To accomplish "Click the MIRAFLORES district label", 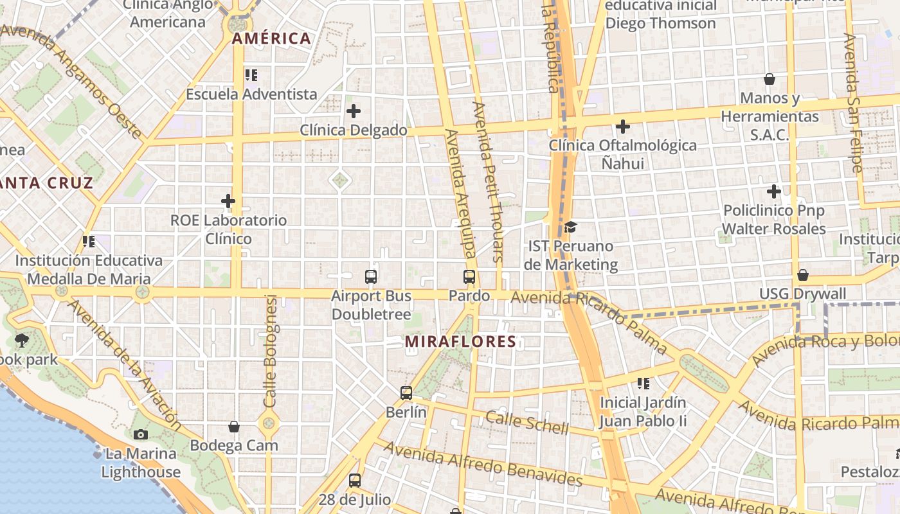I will (460, 341).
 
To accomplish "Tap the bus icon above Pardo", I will (469, 277).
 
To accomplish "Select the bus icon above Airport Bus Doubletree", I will (371, 277).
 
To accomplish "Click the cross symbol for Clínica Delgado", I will (354, 111).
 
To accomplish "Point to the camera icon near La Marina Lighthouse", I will (141, 435).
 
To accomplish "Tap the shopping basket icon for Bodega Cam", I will (234, 427).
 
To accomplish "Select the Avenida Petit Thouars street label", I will (489, 182).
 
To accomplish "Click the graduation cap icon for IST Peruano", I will (570, 227).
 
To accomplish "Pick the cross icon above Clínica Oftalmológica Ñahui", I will (622, 127).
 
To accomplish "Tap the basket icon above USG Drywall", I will (802, 275).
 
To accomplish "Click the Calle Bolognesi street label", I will (270, 351).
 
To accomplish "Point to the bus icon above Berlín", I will (406, 393).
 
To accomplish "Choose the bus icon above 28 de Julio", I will (354, 480).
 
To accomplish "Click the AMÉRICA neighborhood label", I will (271, 39).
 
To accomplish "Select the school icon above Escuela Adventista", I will (251, 75).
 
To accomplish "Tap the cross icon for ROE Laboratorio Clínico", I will (228, 201).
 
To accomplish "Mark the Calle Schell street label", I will (527, 422).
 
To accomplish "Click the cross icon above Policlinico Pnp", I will (774, 191).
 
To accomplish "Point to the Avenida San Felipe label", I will (853, 103).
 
